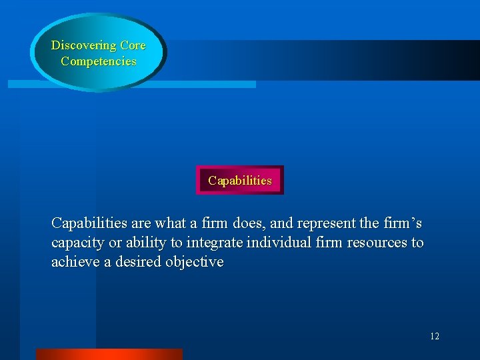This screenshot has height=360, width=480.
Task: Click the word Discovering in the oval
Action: point(84,46)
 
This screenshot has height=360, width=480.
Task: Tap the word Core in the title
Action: point(133,46)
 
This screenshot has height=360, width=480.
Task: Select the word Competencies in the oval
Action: point(98,61)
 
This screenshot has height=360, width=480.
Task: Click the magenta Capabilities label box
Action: point(239,181)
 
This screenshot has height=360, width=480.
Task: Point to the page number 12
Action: point(434,337)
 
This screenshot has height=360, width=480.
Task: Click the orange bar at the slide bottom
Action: point(109,354)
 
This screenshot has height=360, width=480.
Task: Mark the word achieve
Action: point(73,262)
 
